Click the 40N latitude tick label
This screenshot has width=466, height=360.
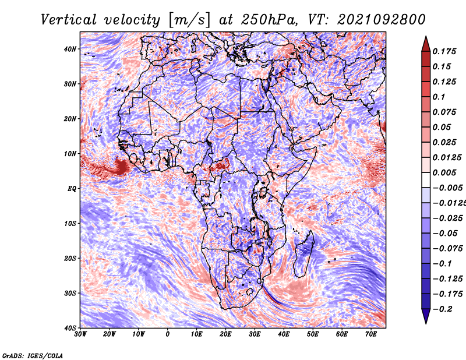pos(70,49)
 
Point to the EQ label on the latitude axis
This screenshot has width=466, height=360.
pos(72,188)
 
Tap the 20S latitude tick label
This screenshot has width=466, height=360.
pos(70,258)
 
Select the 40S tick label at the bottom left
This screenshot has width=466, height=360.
pos(70,327)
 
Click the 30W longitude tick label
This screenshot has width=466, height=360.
pos(81,334)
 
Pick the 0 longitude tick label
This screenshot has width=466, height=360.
pos(168,334)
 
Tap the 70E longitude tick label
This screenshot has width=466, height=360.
pos(370,334)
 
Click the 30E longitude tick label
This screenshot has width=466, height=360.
pos(255,334)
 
